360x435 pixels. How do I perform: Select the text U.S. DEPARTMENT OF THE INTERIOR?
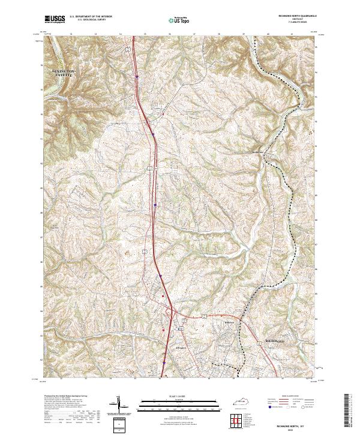91,16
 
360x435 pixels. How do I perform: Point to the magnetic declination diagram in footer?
119,404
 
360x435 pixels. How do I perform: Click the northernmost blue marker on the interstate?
137,77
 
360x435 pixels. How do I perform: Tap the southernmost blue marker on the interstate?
163,362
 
